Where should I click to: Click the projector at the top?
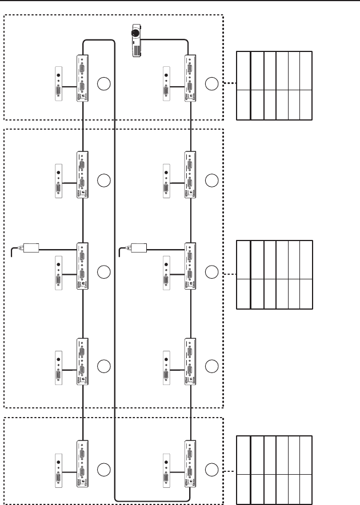(x=135, y=41)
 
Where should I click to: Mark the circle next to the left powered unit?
(x=103, y=272)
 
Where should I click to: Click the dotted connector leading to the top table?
(x=229, y=84)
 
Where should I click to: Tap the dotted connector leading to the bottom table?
(x=229, y=471)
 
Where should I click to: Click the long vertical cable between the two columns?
(x=115, y=286)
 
